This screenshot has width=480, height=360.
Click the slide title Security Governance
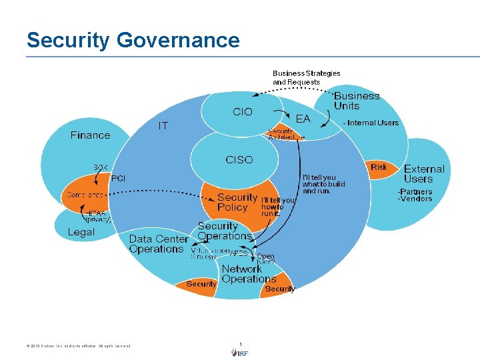[x=133, y=40]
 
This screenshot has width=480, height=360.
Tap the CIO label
[x=243, y=112]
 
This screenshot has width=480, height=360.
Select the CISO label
[x=239, y=160]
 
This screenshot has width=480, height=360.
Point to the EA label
[x=303, y=119]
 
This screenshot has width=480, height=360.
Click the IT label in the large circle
[x=163, y=125]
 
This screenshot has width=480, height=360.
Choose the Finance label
[x=90, y=135]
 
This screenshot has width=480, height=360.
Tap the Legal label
[x=81, y=232]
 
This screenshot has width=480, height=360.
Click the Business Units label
[x=356, y=101]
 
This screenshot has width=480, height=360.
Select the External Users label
[x=423, y=174]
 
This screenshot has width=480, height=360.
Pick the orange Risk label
[x=379, y=167]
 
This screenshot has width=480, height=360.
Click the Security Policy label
[x=237, y=202]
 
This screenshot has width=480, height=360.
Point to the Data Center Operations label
[x=158, y=244]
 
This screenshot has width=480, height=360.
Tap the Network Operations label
[x=249, y=274]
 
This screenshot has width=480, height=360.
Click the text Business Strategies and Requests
[x=306, y=77]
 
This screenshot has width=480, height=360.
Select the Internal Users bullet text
[x=371, y=123]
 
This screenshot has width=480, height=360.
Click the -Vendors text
[x=415, y=199]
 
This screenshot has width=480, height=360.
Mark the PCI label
[x=118, y=178]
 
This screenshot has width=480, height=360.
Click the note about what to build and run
[x=323, y=184]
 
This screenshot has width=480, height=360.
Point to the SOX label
[x=101, y=167]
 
